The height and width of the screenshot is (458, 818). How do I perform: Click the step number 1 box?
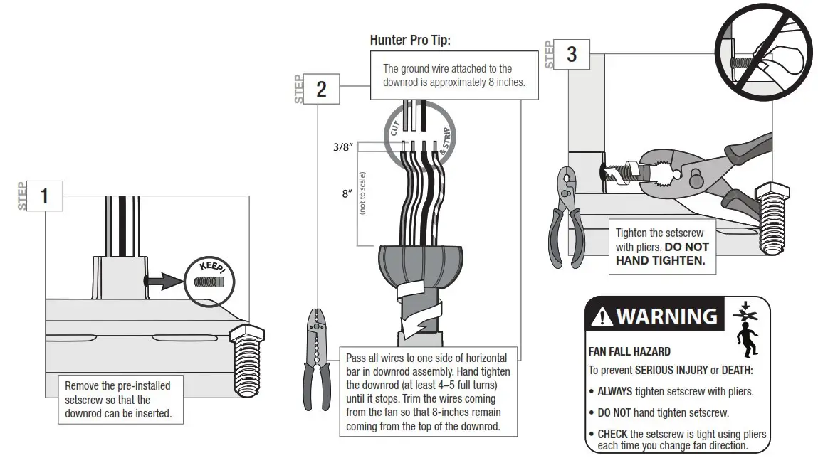[44, 196]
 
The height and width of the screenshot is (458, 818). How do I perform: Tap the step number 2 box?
[321, 89]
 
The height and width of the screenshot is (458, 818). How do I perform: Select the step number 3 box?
[571, 53]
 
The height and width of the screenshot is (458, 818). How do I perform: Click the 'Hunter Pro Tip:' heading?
[410, 40]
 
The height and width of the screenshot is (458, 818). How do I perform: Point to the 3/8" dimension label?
[342, 148]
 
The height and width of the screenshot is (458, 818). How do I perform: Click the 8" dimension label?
[347, 193]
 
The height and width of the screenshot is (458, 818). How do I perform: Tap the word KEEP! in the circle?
[211, 268]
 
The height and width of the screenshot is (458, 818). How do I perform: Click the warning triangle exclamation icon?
[602, 315]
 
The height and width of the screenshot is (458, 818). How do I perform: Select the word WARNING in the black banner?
[666, 315]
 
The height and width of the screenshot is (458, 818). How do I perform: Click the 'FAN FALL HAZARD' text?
[629, 351]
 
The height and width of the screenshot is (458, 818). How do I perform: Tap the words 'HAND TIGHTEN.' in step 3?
[659, 260]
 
